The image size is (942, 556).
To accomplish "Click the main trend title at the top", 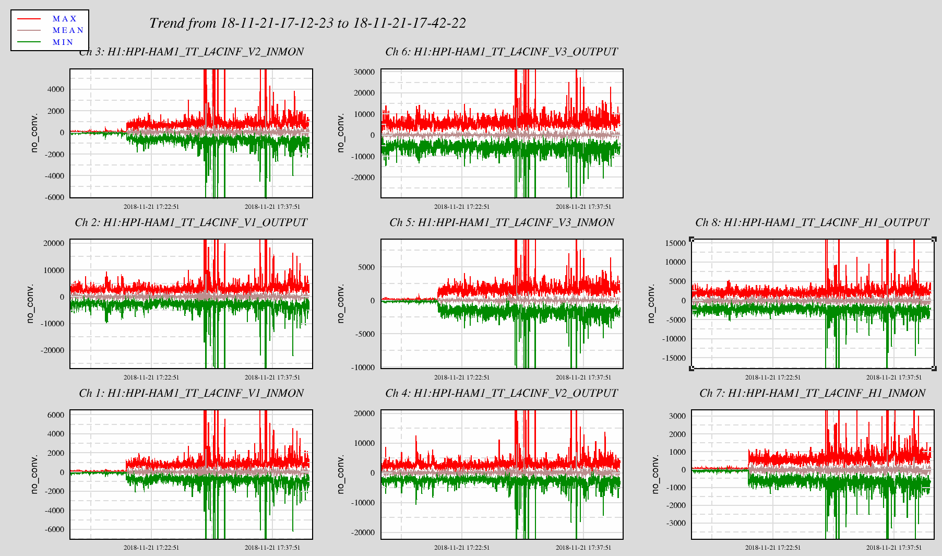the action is coord(307,23).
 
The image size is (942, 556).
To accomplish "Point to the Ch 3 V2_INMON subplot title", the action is coord(191,52).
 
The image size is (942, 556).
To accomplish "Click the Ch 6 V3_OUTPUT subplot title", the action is coord(502,52).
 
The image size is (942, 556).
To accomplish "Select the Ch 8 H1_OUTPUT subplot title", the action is coord(812,222).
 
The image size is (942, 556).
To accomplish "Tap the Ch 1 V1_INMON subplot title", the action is coord(191,393).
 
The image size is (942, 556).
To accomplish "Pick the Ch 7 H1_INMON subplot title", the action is coord(812,393).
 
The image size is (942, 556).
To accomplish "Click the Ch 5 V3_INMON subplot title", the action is coord(502,222).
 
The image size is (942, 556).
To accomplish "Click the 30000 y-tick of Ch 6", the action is coord(364,72).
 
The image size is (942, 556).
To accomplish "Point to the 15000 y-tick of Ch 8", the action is coord(675,243).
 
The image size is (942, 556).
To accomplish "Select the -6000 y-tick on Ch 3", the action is coord(54,197).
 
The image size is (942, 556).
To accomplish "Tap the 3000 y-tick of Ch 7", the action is coord(677,416).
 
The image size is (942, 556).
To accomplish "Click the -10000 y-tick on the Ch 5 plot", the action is coord(362,368).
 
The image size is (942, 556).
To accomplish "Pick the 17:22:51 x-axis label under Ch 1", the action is coord(151,548).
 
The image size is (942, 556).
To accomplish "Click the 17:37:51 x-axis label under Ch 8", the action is coord(894,377).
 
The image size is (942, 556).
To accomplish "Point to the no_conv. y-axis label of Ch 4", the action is coord(341,474).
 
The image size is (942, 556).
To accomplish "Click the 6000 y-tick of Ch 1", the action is coord(55,415).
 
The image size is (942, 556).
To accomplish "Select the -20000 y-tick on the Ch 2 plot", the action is coord(52,350).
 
